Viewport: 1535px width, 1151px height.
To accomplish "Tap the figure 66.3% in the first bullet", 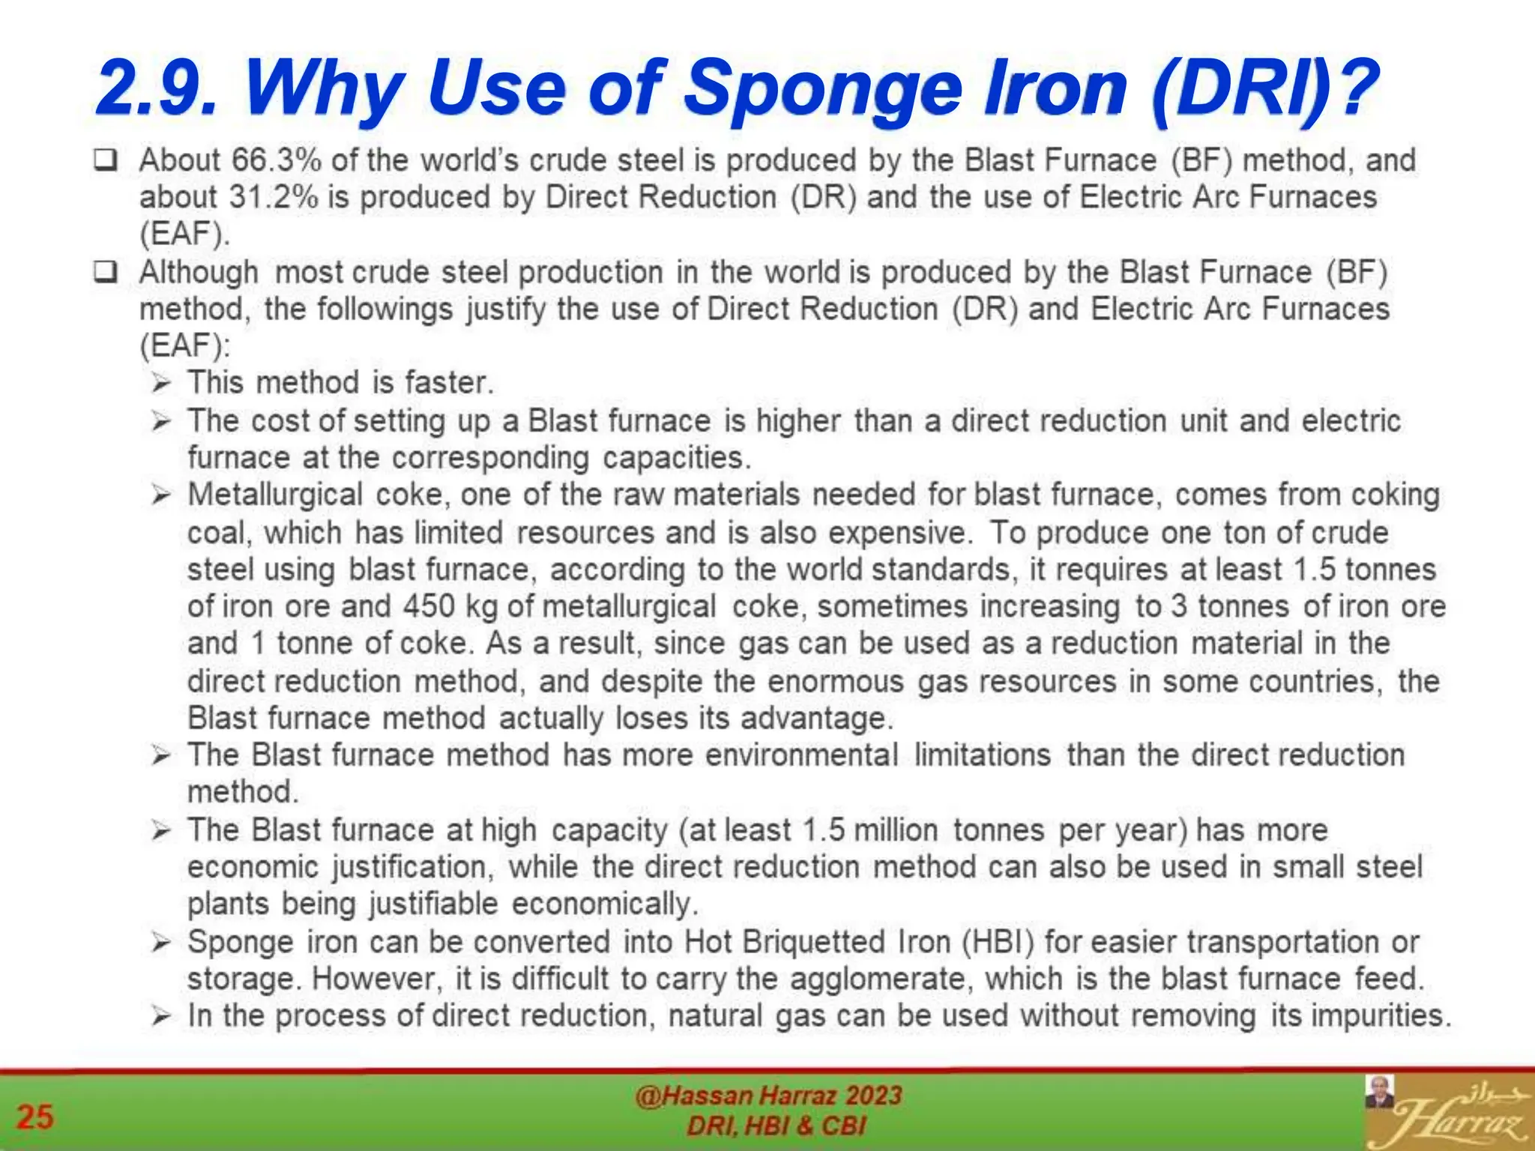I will pos(277,160).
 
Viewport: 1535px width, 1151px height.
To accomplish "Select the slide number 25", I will pos(35,1117).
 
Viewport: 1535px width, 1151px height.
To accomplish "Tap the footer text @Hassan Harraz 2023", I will pos(768,1096).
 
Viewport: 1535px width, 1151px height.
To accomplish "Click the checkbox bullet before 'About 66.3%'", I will pos(106,160).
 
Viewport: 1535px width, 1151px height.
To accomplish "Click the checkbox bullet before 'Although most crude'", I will pos(106,272).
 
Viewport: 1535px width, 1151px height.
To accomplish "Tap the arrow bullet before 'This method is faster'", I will pos(161,384).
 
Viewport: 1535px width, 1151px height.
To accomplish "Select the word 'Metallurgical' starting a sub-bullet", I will pos(274,495).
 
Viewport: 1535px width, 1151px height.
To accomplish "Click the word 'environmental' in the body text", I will pos(801,755).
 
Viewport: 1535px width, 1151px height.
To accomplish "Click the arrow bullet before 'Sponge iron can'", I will pos(161,943).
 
